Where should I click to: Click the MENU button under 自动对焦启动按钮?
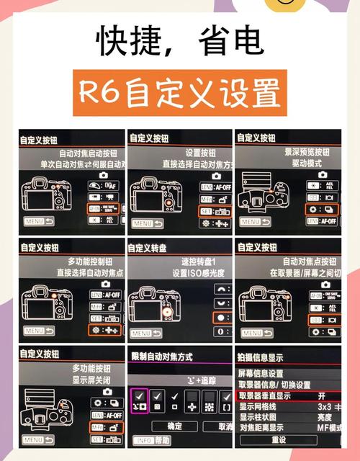(39, 223)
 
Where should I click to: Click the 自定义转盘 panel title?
(153, 248)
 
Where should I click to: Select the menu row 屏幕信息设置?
(261, 374)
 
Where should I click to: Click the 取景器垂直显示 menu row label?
(274, 395)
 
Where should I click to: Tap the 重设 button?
(279, 439)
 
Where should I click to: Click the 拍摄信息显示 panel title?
(260, 357)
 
